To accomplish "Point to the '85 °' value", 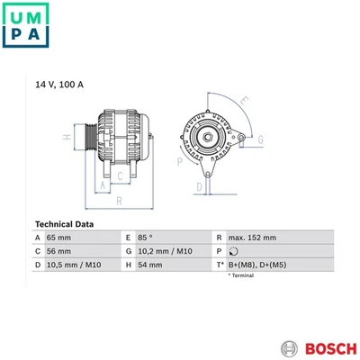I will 144,237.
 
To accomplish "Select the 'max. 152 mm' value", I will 252,237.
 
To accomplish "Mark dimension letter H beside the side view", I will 66,138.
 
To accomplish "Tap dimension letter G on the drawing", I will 261,139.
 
